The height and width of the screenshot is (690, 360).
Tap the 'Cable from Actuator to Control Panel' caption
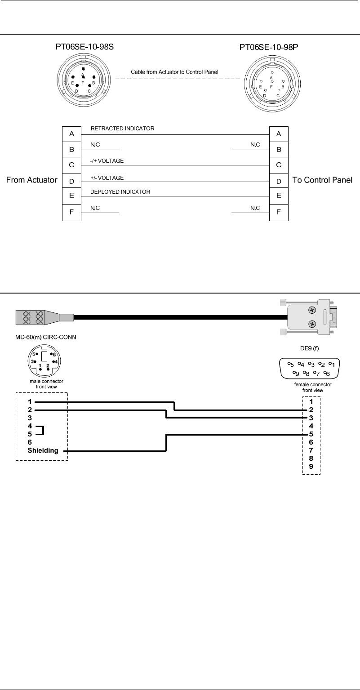coord(174,71)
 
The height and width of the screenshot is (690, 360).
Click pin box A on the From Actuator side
coord(71,134)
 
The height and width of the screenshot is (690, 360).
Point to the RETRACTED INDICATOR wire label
coord(123,129)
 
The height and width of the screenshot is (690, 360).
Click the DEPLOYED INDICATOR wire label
coord(120,192)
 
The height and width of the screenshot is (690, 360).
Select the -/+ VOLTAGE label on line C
coord(107,160)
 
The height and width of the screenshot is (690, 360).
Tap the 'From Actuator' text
coord(31,180)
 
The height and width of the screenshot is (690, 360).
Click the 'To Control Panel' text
coord(322,180)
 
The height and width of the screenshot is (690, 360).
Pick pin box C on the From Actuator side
coord(71,165)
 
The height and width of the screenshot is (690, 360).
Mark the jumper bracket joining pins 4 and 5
coord(43,430)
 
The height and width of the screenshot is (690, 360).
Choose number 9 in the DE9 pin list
coord(311,466)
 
